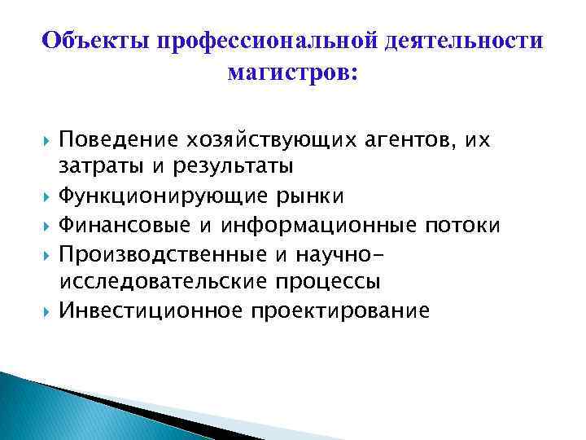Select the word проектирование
pos(339,310)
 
